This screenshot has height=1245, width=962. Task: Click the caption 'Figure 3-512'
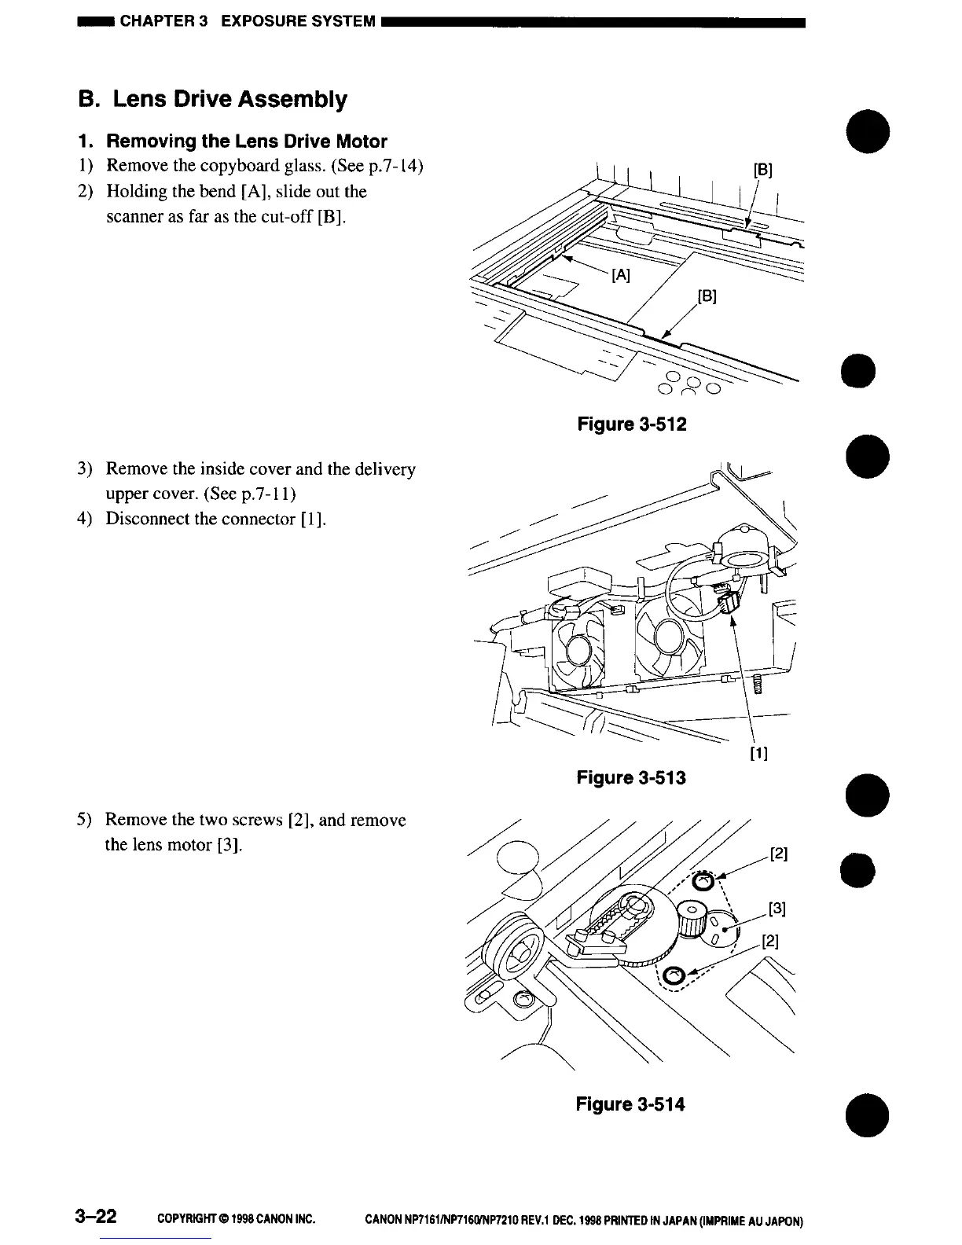point(631,424)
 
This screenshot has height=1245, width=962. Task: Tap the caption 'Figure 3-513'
point(631,778)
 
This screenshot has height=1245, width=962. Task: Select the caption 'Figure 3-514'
point(630,1104)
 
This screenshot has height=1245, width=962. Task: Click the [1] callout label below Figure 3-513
point(758,754)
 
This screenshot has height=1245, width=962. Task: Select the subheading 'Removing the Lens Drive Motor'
point(246,141)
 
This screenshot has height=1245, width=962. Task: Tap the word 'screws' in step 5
point(253,820)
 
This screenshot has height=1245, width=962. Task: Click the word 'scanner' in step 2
point(133,216)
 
